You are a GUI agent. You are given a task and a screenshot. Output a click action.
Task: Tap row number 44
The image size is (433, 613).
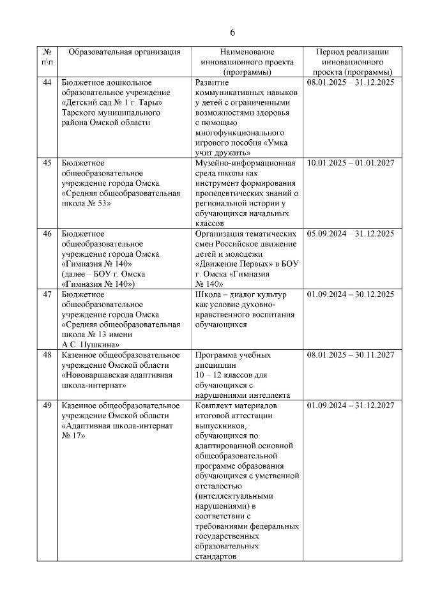[47, 82]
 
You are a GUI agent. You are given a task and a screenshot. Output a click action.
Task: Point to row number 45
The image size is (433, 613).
[47, 163]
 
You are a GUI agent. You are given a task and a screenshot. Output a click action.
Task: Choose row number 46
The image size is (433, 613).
[47, 234]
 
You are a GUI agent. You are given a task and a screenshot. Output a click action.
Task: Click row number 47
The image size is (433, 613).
[47, 294]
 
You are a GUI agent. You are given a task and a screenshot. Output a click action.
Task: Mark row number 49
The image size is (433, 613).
[47, 405]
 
